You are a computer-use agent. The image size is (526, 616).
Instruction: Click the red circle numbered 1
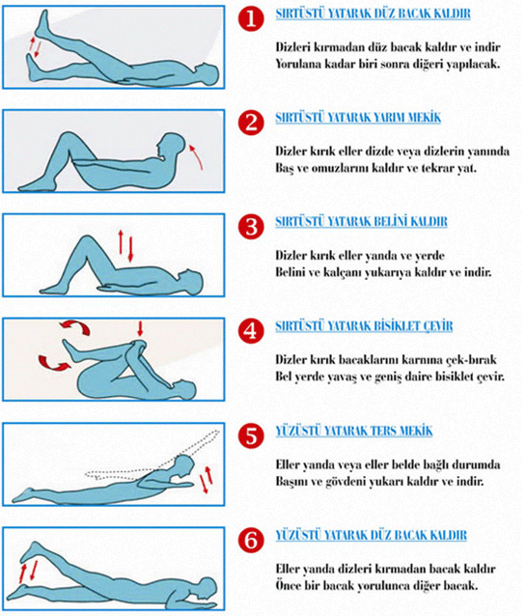click(251, 19)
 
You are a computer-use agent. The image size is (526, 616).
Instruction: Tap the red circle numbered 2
click(251, 123)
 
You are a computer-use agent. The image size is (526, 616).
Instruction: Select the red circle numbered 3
click(251, 227)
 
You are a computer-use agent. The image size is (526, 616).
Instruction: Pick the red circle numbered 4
click(251, 331)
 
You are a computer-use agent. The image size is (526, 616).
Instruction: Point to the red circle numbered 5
click(251, 435)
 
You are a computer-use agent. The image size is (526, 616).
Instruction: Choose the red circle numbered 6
click(251, 540)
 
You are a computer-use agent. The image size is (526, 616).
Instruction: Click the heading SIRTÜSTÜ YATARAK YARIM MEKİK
click(358, 118)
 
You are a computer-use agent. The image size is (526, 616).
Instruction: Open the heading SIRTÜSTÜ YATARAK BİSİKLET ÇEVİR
click(364, 326)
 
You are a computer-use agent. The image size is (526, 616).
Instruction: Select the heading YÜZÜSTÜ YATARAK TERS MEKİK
click(353, 431)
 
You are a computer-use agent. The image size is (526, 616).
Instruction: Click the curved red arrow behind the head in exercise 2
click(197, 156)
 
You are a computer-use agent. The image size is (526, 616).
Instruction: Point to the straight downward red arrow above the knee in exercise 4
click(140, 328)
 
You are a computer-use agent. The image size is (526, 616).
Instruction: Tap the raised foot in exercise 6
click(31, 551)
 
